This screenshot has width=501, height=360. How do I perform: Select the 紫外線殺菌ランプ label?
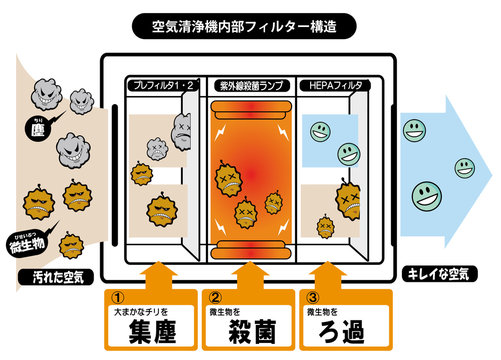pos(249,87)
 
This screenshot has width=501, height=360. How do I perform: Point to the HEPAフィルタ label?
pos(333,87)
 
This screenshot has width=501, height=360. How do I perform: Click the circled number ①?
pos(116,297)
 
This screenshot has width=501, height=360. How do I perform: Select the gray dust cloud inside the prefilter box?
pos(181,127)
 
